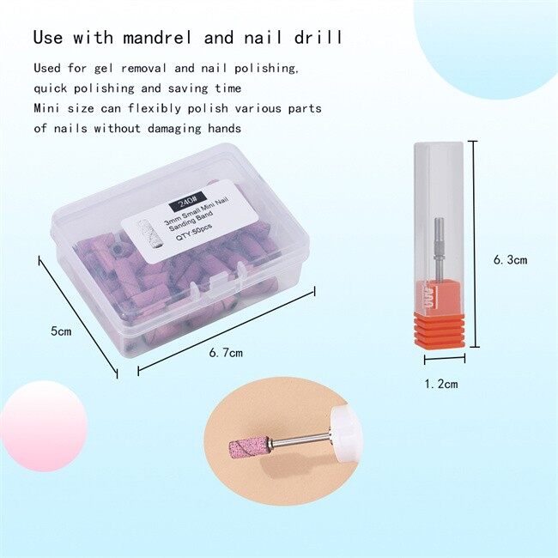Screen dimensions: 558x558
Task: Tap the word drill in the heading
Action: coord(318,37)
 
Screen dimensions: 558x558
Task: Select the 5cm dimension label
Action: coord(61,331)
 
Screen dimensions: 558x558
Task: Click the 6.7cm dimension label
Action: coord(226,353)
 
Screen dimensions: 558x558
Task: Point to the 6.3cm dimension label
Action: coord(510,260)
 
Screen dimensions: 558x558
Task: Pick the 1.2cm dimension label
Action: coord(441,384)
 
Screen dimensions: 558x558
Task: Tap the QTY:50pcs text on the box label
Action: coord(194,233)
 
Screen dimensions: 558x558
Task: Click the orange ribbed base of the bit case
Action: coord(440,329)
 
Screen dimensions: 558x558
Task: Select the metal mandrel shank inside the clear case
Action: coord(439,248)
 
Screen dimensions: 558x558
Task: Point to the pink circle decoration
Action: coord(44,427)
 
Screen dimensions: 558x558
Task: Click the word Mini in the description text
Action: coord(46,108)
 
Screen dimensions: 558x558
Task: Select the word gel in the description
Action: coord(104,69)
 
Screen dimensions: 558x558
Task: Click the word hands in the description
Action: coord(225,128)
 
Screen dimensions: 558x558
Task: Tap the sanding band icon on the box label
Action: coord(147,234)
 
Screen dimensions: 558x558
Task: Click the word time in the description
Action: coord(228,88)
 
